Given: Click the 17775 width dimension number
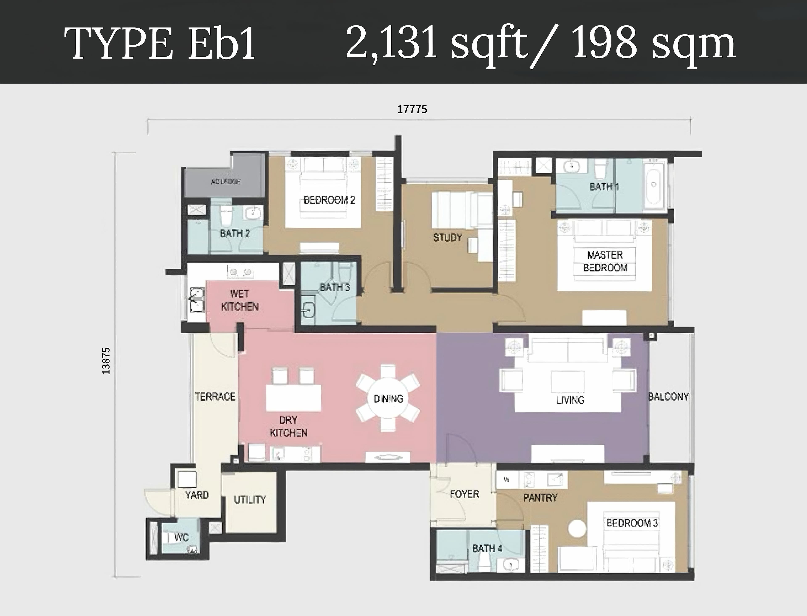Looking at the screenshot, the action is (412, 109).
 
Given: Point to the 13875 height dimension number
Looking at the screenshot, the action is (106, 361).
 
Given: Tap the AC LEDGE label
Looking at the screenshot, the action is (226, 181).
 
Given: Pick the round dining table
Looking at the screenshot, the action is (388, 398).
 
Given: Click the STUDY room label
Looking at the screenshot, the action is (448, 238).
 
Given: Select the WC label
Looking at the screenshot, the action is (181, 538).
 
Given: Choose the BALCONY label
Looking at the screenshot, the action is (669, 396).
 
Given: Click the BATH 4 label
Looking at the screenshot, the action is (487, 548).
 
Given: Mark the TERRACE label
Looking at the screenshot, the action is (215, 396).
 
